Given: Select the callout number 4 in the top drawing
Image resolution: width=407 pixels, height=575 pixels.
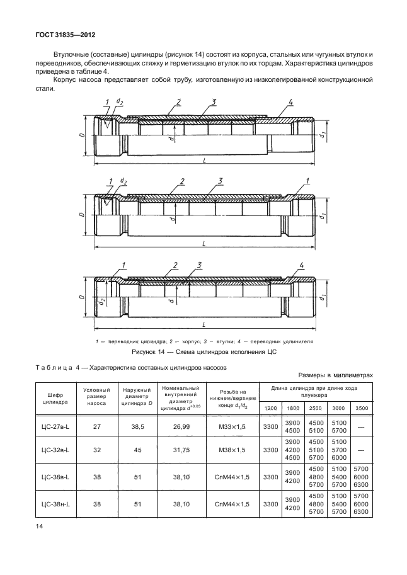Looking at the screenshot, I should [x=291, y=102].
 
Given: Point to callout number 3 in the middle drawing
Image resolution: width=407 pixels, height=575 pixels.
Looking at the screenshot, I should [x=221, y=181].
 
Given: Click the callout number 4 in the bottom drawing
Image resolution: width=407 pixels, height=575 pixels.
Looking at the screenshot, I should [x=302, y=265].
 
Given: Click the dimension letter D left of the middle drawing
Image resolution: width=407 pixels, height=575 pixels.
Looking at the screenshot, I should [x=83, y=215].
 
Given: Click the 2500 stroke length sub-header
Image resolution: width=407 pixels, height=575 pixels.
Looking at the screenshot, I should [x=316, y=408].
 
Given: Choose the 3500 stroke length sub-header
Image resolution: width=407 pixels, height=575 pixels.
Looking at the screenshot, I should [x=362, y=408].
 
